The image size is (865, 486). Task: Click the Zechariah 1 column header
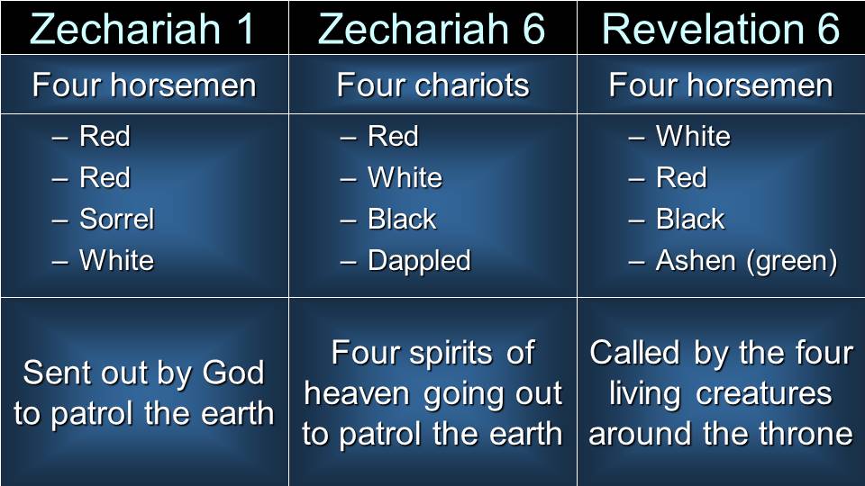[x=142, y=28]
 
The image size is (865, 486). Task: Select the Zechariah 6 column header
[x=432, y=28]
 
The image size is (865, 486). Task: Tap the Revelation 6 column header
[x=721, y=28]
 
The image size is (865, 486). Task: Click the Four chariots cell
[x=433, y=85]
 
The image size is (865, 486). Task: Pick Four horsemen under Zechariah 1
[x=144, y=85]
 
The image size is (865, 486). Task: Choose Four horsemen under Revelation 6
[x=721, y=85]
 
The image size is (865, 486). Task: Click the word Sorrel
[x=117, y=219]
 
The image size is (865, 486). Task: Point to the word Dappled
[x=419, y=261]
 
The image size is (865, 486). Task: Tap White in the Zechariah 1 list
[x=116, y=260]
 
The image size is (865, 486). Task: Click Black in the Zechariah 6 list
[x=402, y=219]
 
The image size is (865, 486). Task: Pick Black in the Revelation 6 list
[x=690, y=219]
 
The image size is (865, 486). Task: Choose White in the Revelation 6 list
[x=693, y=136]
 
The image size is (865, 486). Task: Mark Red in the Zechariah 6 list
[x=393, y=136]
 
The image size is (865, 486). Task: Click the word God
[x=233, y=373]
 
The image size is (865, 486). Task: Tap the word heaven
[x=357, y=394]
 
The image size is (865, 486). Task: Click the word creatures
[x=763, y=394]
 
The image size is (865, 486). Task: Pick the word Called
[x=634, y=353]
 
